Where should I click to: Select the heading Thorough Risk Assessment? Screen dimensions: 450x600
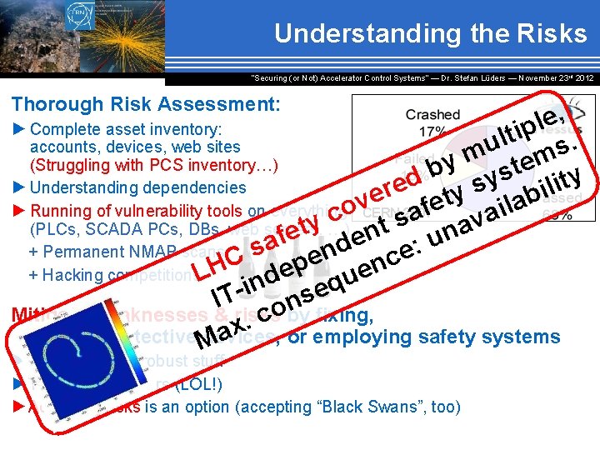click(145, 105)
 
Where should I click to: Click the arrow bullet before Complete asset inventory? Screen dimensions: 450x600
click(19, 130)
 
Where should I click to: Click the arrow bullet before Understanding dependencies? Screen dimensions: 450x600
click(19, 188)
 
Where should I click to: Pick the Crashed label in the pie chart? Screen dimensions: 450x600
click(432, 115)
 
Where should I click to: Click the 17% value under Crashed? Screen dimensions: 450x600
click(432, 131)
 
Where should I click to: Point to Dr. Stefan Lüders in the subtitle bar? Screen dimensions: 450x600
click(467, 77)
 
